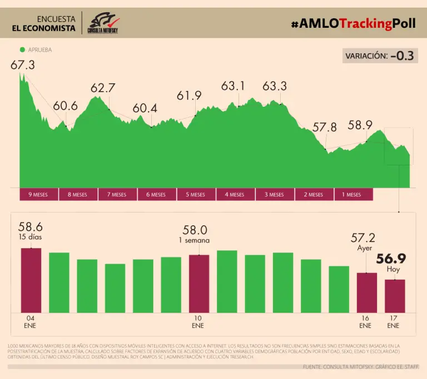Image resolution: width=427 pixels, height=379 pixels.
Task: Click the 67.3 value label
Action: click(23, 65)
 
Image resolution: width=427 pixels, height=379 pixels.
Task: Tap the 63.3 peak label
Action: click(275, 87)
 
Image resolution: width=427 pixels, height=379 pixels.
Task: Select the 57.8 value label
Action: click(325, 128)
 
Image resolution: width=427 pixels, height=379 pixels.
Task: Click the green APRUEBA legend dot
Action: click(22, 49)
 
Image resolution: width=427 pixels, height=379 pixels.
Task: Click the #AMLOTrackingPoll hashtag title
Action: click(352, 24)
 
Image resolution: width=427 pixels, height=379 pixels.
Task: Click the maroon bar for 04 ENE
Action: click(31, 280)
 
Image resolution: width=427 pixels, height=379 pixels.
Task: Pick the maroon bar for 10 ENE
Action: click(199, 284)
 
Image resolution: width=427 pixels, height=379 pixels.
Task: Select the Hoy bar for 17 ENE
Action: click(395, 296)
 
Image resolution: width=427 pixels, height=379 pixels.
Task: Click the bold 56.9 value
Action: click(391, 259)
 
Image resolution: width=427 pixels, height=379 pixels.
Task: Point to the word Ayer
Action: click(364, 249)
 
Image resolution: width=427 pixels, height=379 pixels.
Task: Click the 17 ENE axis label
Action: click(394, 322)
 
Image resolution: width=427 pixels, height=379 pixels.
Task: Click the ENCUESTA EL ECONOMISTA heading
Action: click(44, 23)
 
